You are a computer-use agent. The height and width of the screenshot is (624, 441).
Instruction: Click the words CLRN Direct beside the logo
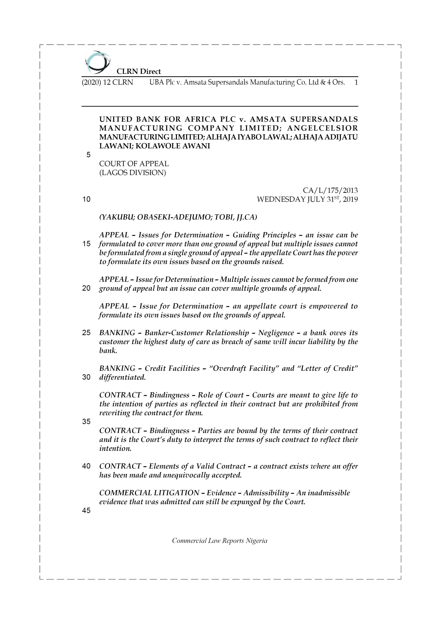click(x=139, y=72)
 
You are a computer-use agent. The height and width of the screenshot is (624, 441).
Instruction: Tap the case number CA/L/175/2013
click(x=330, y=191)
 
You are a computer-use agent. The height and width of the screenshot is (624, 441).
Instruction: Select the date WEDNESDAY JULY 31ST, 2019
click(x=307, y=199)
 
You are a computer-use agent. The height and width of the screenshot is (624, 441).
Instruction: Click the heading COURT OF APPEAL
click(x=134, y=164)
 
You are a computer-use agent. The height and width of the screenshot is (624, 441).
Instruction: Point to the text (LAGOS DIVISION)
click(x=133, y=173)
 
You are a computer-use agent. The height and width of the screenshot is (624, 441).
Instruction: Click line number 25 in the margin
click(x=86, y=333)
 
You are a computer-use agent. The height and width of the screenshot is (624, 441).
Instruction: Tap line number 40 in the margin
click(x=86, y=466)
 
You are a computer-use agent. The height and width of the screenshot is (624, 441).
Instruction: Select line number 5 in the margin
click(x=88, y=155)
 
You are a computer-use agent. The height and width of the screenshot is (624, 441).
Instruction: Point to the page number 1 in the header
click(x=356, y=82)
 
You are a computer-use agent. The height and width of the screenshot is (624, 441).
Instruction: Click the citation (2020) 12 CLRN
click(x=108, y=82)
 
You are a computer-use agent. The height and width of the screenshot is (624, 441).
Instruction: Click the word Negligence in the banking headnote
click(x=276, y=333)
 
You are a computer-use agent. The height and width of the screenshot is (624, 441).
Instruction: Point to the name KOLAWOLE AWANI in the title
click(x=173, y=146)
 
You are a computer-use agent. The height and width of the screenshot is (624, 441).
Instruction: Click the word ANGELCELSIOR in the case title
click(x=322, y=128)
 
